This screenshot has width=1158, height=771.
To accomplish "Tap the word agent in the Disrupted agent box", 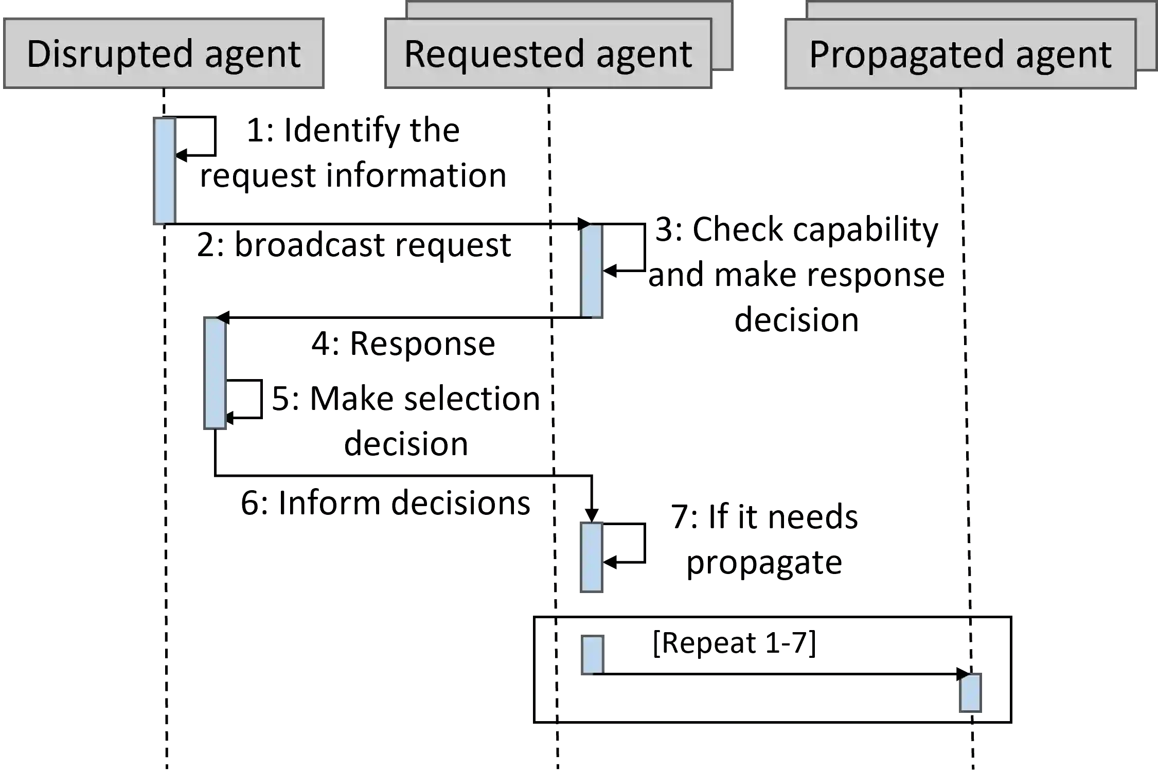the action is coord(253,55).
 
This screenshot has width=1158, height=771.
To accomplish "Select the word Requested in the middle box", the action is coord(493,54).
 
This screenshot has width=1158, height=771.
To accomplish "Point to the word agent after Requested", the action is coord(644,55).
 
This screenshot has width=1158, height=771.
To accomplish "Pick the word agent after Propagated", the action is coord(1063,55).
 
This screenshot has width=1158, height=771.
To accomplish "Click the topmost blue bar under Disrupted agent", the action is coord(165,170).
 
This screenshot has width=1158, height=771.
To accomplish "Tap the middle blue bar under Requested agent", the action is coord(591,558).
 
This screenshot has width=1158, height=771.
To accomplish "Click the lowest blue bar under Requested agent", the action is coord(592,655).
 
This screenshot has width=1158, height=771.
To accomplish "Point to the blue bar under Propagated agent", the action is coord(971,693).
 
